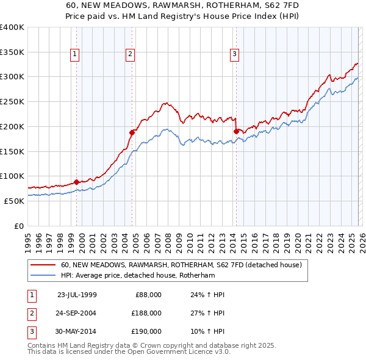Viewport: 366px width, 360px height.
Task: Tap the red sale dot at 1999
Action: click(76, 181)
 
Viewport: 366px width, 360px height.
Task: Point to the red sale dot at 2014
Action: click(236, 131)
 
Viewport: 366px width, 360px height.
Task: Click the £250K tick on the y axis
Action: click(12, 102)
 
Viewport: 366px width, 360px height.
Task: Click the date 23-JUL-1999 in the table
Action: click(76, 295)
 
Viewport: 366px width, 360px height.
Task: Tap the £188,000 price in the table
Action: click(146, 313)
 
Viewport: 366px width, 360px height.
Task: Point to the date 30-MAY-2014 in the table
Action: click(76, 331)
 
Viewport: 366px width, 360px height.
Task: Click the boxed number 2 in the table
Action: click(30, 313)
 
